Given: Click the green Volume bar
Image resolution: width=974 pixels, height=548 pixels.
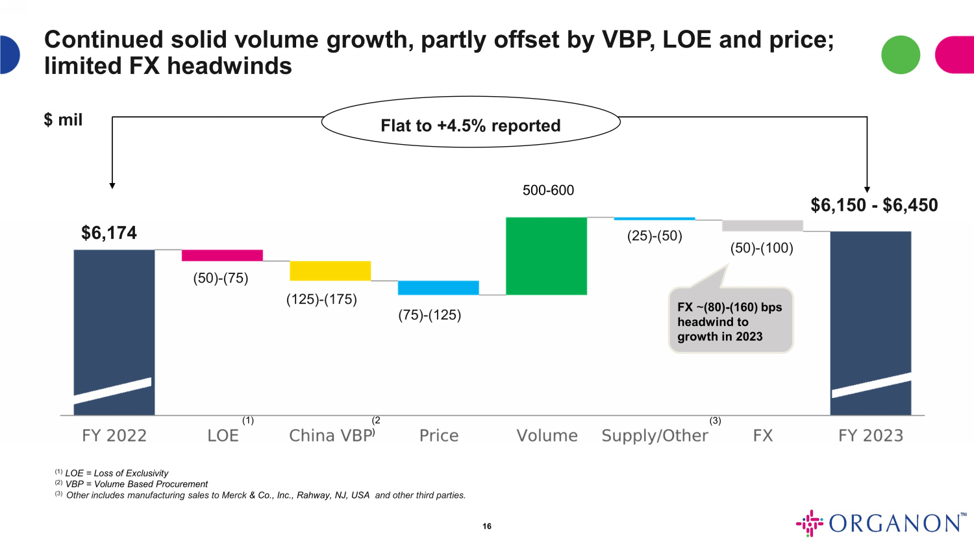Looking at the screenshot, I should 546,256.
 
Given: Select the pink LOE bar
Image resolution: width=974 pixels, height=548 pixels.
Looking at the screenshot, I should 222,255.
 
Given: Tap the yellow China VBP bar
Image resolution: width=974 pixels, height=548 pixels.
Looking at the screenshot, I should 330,271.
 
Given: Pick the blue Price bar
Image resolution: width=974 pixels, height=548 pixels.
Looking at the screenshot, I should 438,288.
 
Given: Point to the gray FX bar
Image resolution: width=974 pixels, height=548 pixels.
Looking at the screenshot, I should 762,225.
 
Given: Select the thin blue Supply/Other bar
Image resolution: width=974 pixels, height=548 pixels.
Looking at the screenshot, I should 654,219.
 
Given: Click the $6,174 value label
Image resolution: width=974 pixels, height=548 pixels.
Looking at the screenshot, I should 109,233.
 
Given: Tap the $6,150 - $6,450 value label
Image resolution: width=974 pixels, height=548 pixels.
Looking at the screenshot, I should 874,205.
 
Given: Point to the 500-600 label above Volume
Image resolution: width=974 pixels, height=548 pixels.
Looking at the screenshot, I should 548,190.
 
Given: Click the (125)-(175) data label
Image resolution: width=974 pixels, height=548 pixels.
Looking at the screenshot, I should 321,299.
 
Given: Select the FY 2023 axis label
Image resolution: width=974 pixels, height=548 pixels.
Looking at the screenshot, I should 871,436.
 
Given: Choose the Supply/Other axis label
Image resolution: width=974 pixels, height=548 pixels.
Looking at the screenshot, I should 655,436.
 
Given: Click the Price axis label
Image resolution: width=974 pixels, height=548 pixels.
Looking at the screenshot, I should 439,436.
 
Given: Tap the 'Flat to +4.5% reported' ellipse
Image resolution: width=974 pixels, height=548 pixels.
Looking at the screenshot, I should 471,123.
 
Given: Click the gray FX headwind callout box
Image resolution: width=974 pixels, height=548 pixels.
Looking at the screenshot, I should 730,321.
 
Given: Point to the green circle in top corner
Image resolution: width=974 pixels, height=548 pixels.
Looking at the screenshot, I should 901,55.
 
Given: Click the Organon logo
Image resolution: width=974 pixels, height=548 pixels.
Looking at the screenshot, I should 881,523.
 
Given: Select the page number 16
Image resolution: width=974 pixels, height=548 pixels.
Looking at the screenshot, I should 487,526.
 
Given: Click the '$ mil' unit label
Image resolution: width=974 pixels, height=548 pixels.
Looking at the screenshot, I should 63,120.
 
